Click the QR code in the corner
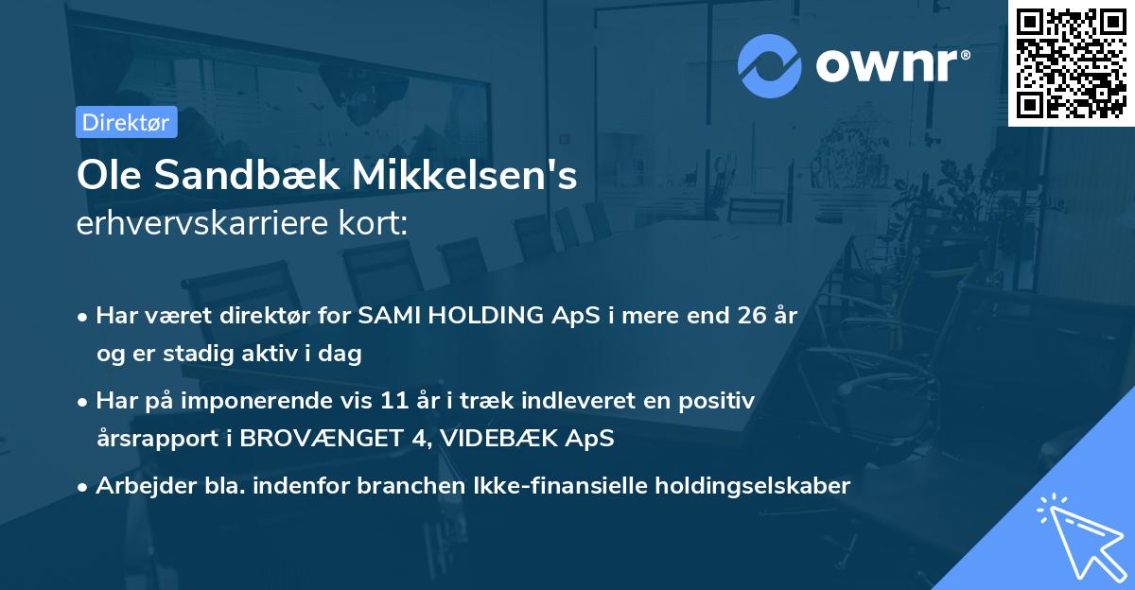(1071, 63)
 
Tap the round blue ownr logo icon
(770, 65)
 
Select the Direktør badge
(126, 122)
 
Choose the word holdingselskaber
(741, 486)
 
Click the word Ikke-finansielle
(550, 486)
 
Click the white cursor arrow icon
(1078, 533)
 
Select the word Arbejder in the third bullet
(136, 486)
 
